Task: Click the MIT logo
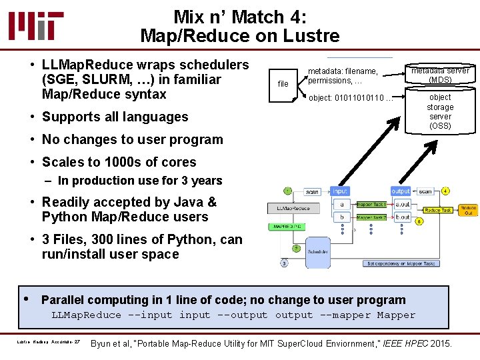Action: [x=37, y=25]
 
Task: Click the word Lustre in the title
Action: [x=313, y=35]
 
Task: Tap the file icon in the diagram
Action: [x=283, y=83]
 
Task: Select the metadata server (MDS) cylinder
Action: [x=440, y=75]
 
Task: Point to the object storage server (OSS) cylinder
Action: [x=440, y=111]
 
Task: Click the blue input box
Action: [x=340, y=191]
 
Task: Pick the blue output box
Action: [x=401, y=191]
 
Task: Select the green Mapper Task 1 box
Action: [x=371, y=204]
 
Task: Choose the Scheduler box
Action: [x=318, y=252]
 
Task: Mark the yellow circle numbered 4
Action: [x=445, y=191]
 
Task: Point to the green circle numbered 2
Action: [x=295, y=248]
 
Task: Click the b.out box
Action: [x=402, y=217]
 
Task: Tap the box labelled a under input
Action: [x=341, y=205]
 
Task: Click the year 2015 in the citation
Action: [x=437, y=343]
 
